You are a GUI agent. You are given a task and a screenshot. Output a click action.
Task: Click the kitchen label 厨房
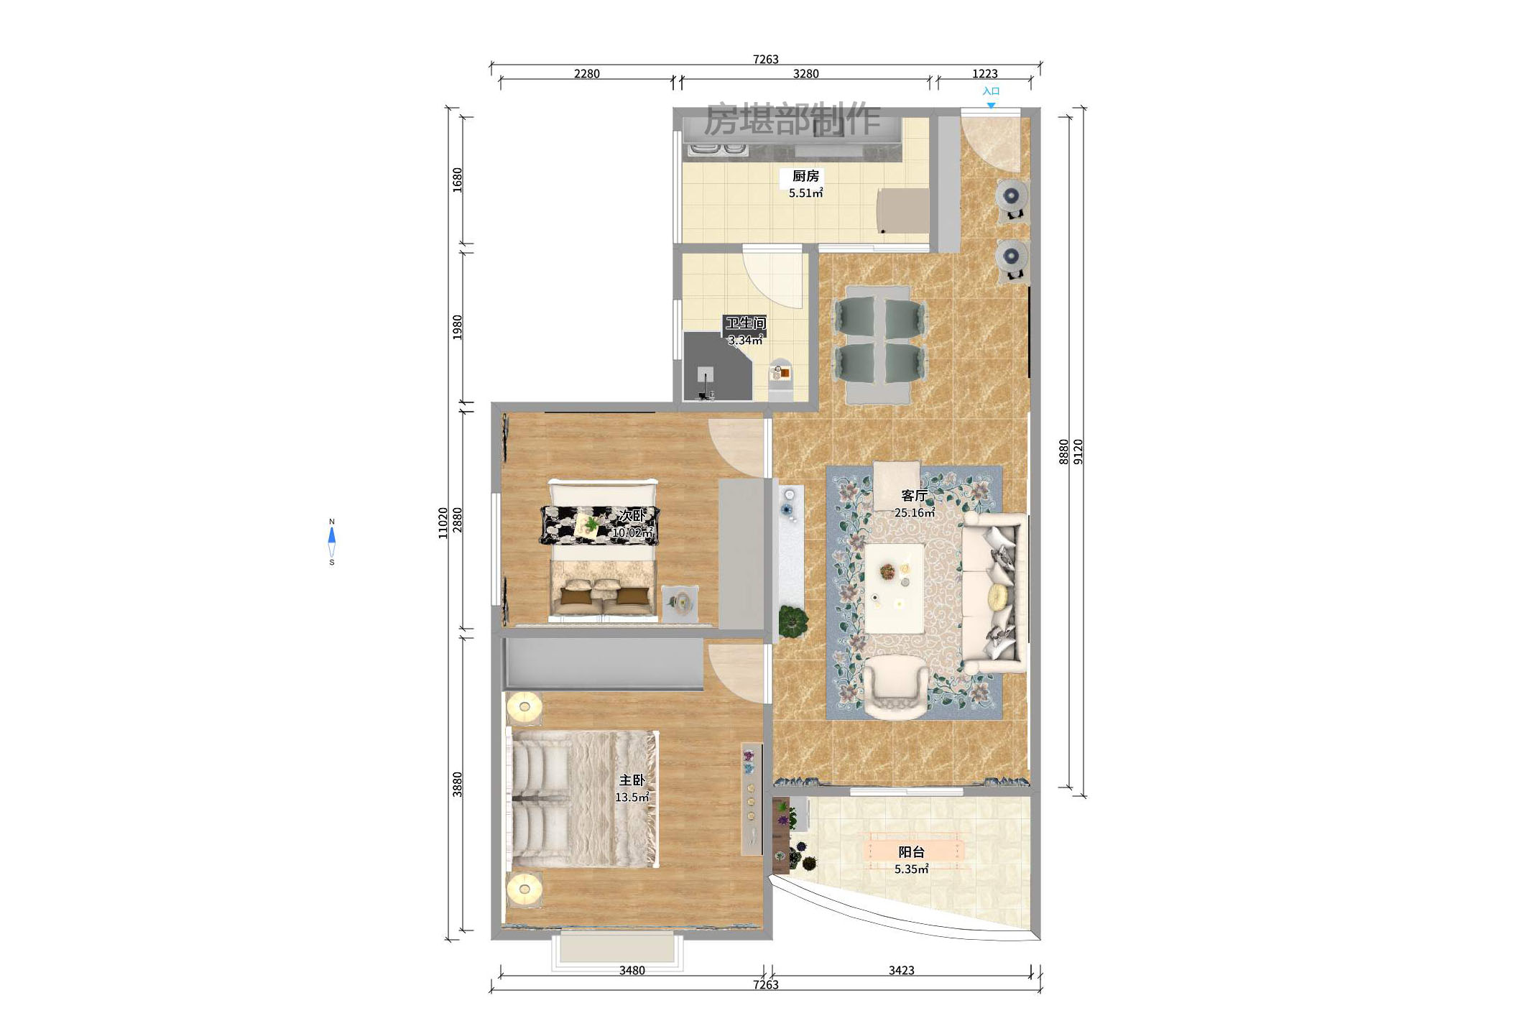click(805, 176)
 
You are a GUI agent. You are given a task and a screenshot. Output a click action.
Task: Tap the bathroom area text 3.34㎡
click(745, 341)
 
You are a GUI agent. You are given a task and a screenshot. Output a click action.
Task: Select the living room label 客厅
click(914, 496)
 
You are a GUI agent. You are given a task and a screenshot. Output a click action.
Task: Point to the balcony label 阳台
click(911, 852)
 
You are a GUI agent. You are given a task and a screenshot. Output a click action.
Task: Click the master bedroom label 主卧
click(632, 780)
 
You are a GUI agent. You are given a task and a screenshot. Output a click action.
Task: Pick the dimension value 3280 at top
click(805, 74)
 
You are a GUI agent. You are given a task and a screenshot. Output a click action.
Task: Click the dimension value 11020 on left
click(443, 522)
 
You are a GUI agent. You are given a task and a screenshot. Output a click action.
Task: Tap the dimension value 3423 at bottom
click(901, 971)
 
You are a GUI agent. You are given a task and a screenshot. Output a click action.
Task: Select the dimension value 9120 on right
click(1078, 451)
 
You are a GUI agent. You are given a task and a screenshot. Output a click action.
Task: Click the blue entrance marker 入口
click(991, 92)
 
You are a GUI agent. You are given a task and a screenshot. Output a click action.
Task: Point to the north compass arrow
click(332, 536)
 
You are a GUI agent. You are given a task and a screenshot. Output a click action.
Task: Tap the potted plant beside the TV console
click(792, 619)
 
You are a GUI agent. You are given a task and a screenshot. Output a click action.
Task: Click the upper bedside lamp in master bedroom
click(524, 708)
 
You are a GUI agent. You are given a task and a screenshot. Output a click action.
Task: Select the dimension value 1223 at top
click(984, 74)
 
